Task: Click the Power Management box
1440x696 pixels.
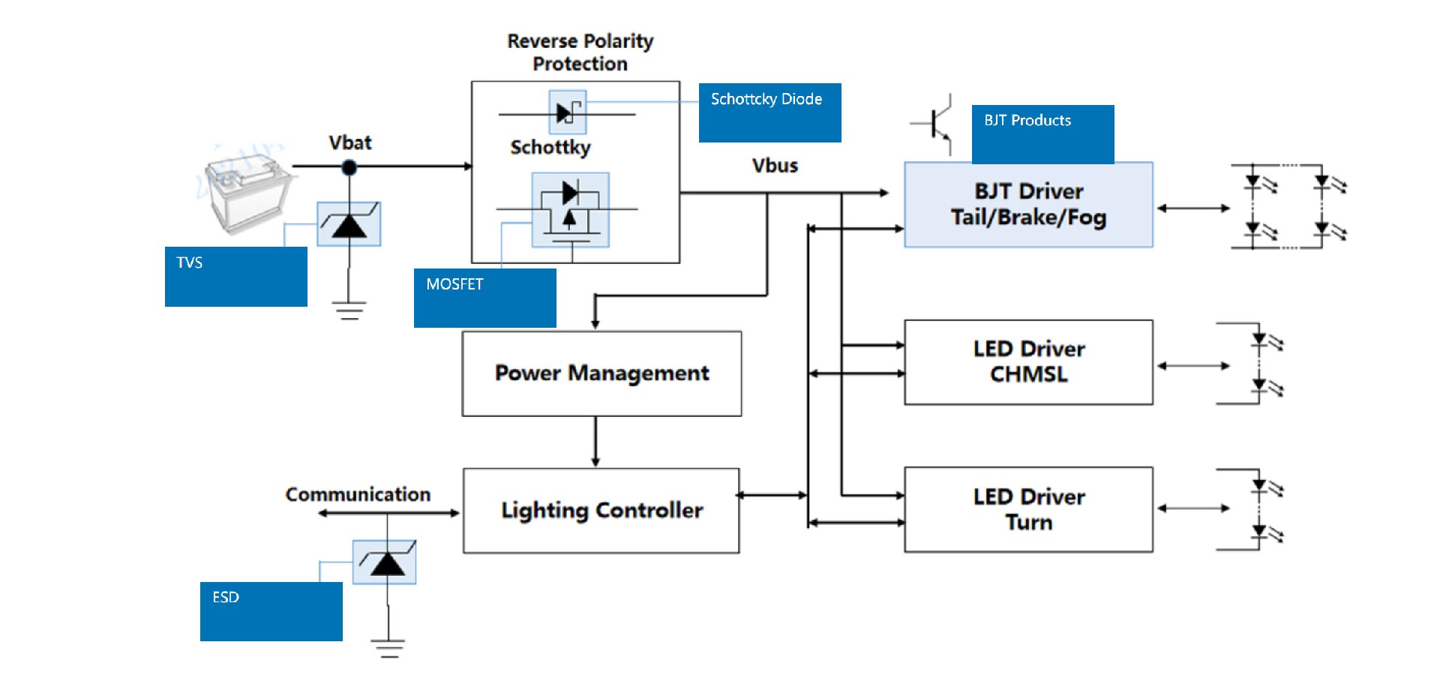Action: (x=601, y=373)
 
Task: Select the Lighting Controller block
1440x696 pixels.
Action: (x=601, y=511)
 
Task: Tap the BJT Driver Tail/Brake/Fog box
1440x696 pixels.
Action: (x=1028, y=205)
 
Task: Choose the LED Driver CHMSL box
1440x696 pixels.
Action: (x=1028, y=362)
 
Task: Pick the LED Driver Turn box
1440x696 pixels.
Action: (x=1028, y=510)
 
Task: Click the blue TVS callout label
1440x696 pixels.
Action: (x=235, y=276)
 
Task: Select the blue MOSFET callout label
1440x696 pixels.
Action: (x=484, y=298)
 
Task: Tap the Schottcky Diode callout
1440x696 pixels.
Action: (x=769, y=112)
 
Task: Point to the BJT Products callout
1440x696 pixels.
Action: (x=1042, y=133)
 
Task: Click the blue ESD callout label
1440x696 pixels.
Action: (x=271, y=611)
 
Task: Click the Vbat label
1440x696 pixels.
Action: (x=349, y=142)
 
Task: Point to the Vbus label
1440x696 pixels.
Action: (x=775, y=166)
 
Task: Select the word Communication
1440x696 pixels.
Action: (x=358, y=494)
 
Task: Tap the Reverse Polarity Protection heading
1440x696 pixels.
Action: (x=580, y=52)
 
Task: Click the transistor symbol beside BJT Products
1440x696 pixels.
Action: (x=934, y=124)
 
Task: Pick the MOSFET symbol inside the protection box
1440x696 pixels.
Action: (x=570, y=210)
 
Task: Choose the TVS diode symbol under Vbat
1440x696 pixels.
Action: (x=349, y=223)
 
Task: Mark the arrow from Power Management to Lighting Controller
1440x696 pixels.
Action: (x=595, y=442)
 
